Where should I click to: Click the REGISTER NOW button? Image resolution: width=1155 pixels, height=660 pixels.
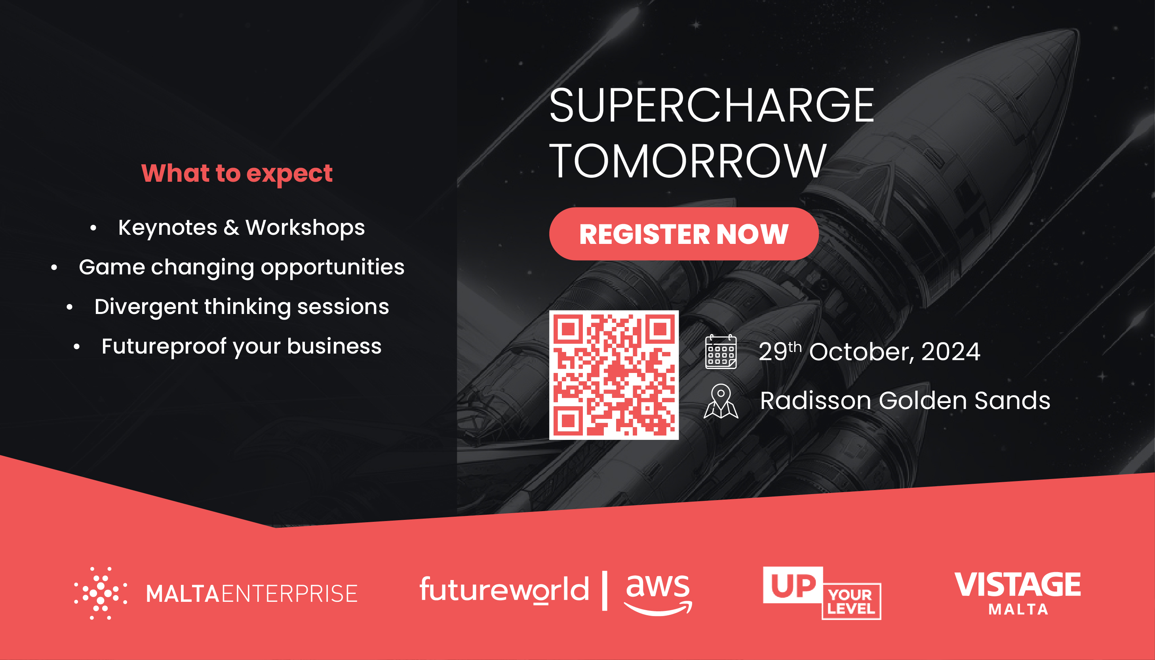(x=683, y=234)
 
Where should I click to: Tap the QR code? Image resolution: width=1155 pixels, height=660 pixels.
(x=614, y=375)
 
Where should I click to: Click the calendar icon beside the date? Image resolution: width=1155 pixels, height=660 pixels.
(x=721, y=352)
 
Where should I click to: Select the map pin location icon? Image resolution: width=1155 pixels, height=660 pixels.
(x=721, y=401)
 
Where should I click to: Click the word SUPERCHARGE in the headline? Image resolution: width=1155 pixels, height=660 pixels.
(x=712, y=105)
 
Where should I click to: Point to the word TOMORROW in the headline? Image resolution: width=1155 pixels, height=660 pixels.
(x=688, y=160)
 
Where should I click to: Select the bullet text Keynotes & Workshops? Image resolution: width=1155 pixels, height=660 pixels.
(x=242, y=228)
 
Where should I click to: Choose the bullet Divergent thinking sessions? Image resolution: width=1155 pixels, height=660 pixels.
(x=242, y=307)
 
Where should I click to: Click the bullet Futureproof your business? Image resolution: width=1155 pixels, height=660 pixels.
(x=242, y=347)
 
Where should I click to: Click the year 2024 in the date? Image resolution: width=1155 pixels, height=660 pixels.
(x=951, y=351)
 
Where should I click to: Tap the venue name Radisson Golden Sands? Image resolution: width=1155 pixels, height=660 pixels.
(x=905, y=401)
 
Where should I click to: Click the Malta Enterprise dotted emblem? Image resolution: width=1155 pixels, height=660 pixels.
(x=101, y=593)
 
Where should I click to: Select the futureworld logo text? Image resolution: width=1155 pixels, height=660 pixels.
(x=504, y=589)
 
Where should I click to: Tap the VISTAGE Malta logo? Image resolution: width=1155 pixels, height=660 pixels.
(x=1018, y=593)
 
